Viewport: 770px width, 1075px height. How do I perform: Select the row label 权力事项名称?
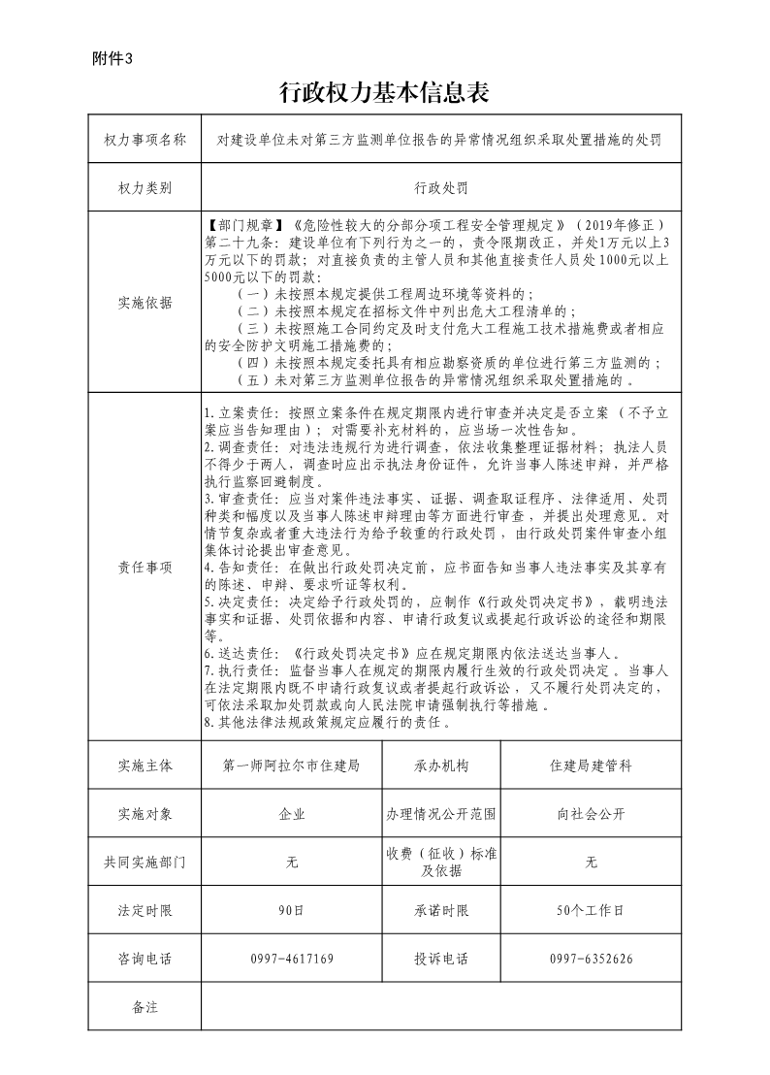click(x=144, y=140)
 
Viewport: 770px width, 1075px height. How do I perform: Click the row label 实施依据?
click(x=144, y=303)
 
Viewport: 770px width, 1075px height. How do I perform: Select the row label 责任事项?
click(x=144, y=567)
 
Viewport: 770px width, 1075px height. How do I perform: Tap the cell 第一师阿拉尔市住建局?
click(x=292, y=766)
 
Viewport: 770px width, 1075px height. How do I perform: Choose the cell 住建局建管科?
click(x=591, y=766)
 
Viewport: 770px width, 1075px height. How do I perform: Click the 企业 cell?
click(x=292, y=814)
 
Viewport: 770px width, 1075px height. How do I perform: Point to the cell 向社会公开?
click(x=591, y=814)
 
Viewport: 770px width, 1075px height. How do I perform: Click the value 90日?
click(x=292, y=911)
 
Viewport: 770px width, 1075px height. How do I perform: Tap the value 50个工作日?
click(x=591, y=911)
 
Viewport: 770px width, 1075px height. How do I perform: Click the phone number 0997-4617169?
click(x=292, y=959)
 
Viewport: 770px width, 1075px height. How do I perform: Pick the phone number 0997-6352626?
click(x=591, y=959)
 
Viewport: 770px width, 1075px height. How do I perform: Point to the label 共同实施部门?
click(x=144, y=863)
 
